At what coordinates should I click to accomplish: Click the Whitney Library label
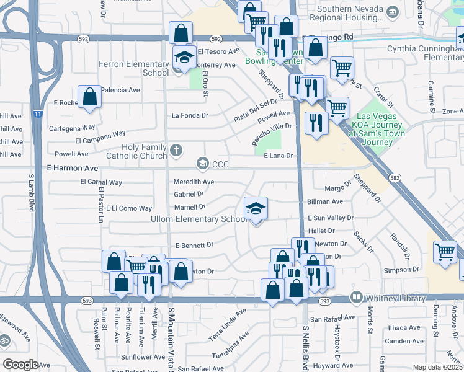click(x=390, y=296)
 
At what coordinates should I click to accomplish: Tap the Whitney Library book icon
click(x=357, y=296)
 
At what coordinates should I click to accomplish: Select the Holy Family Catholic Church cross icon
click(x=177, y=149)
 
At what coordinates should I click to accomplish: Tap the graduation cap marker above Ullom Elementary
click(x=255, y=208)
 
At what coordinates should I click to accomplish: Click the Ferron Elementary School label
click(x=138, y=68)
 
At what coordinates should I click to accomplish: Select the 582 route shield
click(x=395, y=177)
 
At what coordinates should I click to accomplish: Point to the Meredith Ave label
click(x=194, y=182)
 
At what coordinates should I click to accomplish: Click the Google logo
click(x=20, y=365)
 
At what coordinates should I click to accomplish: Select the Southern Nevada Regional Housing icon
click(x=392, y=12)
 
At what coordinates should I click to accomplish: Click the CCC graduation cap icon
click(x=202, y=164)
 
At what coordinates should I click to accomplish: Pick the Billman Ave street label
click(x=325, y=201)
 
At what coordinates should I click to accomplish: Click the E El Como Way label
click(x=129, y=208)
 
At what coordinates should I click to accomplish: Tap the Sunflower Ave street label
click(x=143, y=357)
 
